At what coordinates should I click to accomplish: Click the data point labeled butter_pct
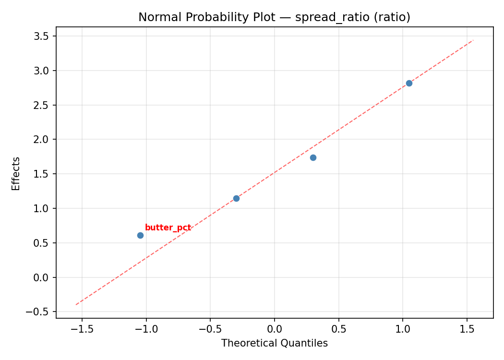pos(140,235)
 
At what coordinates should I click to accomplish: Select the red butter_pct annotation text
pos(168,228)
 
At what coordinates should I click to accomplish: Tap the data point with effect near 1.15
pos(236,198)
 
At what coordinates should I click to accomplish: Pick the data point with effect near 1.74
pos(313,157)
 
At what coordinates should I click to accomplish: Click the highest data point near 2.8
pos(409,83)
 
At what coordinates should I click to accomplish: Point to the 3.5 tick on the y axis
pos(44,36)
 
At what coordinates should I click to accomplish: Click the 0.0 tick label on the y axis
pos(44,277)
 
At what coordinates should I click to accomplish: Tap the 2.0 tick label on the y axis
pos(44,140)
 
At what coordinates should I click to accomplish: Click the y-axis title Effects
pos(16,173)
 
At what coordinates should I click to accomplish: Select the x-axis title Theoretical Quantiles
pos(275,343)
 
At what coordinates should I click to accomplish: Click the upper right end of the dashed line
pos(473,40)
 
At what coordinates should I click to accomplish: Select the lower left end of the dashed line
pos(76,304)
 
